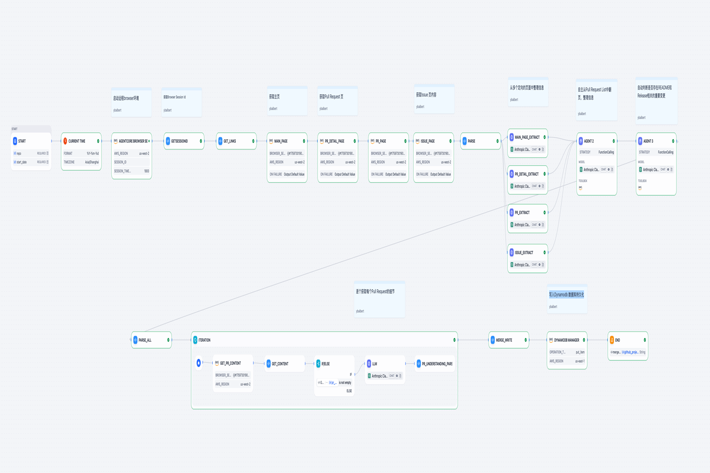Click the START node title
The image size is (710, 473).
click(x=22, y=141)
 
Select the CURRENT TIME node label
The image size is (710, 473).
click(x=77, y=141)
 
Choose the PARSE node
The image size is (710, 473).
click(x=472, y=141)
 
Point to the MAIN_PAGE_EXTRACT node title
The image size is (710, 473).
click(x=527, y=137)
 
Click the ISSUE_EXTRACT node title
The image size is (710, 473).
click(x=524, y=253)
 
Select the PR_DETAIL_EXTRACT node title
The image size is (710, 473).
click(x=526, y=174)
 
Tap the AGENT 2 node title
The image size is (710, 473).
click(x=589, y=141)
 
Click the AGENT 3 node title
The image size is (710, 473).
click(x=648, y=141)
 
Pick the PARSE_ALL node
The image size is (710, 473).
click(x=145, y=340)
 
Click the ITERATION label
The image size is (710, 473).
click(x=204, y=340)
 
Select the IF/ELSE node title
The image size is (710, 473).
click(x=325, y=364)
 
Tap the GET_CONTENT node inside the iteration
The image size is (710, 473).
click(x=280, y=364)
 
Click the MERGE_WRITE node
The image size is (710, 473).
click(x=504, y=340)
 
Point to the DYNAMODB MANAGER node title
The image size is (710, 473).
click(x=566, y=340)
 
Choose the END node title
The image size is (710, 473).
click(x=617, y=340)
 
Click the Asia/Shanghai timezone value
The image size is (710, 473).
click(x=92, y=162)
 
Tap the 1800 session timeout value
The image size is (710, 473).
click(x=146, y=171)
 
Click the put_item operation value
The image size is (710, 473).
click(x=580, y=352)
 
